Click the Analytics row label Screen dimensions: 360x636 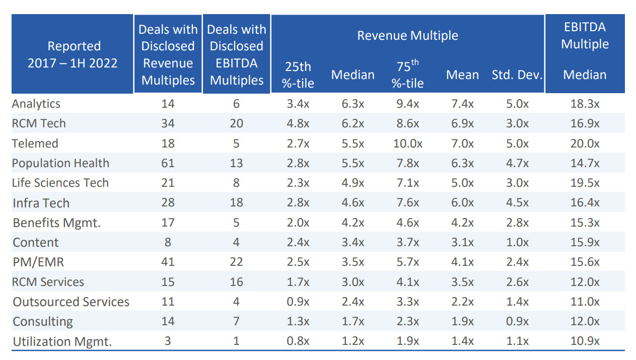point(36,104)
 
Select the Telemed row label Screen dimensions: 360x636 point(35,143)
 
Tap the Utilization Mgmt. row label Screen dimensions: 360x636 point(62,341)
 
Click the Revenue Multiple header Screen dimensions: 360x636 point(407,36)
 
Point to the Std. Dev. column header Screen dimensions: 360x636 point(517,75)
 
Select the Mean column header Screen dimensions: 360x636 point(462,75)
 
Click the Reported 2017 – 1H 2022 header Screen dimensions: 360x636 point(73,54)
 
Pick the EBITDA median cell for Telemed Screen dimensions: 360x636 point(585,143)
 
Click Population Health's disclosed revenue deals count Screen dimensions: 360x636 point(168,163)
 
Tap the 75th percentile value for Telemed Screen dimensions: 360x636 point(407,143)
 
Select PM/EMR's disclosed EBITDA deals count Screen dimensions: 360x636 point(236,262)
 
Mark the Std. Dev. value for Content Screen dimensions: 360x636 point(517,242)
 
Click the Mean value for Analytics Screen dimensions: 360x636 point(462,104)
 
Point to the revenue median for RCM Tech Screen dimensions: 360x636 point(352,123)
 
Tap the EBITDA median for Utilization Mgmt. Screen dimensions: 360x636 point(585,341)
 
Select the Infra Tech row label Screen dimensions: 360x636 point(41,203)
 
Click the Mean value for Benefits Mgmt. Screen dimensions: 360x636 point(462,223)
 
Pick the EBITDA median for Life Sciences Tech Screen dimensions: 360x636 point(585,183)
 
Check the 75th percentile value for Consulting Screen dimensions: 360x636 point(407,321)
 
